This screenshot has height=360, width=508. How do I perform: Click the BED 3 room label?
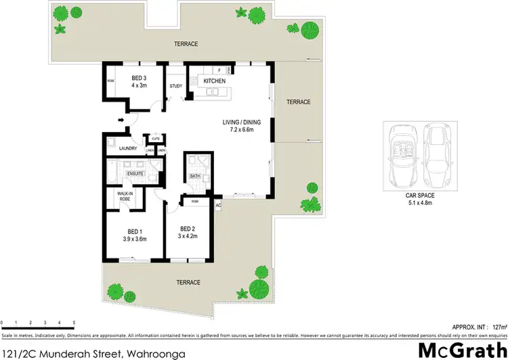[x=139, y=78]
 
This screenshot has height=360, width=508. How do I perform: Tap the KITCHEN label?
[x=214, y=81]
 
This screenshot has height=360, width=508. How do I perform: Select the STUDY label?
[x=176, y=86]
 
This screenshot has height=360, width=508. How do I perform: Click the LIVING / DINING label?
[x=242, y=122]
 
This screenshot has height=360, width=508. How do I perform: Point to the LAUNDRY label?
[x=128, y=149]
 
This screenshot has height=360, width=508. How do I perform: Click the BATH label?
[x=194, y=176]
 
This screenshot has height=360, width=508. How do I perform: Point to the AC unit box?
[x=218, y=204]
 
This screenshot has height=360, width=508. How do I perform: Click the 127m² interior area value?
[x=498, y=324]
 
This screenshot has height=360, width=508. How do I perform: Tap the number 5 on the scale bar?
[x=73, y=322]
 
